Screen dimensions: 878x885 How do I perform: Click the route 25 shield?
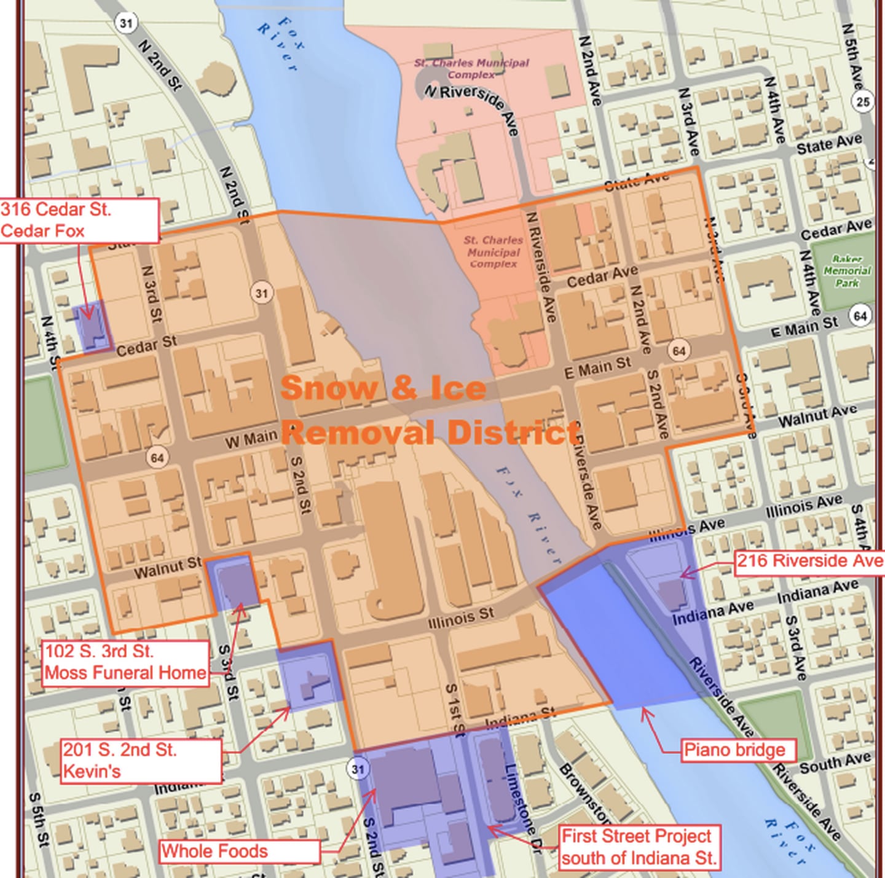(x=863, y=101)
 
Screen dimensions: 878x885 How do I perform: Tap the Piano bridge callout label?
(x=734, y=750)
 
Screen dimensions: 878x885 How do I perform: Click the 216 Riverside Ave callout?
(x=809, y=561)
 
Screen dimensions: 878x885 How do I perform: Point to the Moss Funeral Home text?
(x=125, y=673)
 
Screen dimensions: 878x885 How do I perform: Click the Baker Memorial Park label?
(x=847, y=271)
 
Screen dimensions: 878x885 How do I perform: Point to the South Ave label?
(x=835, y=762)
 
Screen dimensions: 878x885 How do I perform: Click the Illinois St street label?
(x=461, y=617)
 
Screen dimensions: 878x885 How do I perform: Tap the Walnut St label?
(x=167, y=568)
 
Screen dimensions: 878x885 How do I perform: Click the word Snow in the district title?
(x=329, y=388)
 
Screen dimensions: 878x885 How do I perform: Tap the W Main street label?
(x=250, y=439)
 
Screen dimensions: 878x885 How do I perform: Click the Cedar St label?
(x=146, y=347)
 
